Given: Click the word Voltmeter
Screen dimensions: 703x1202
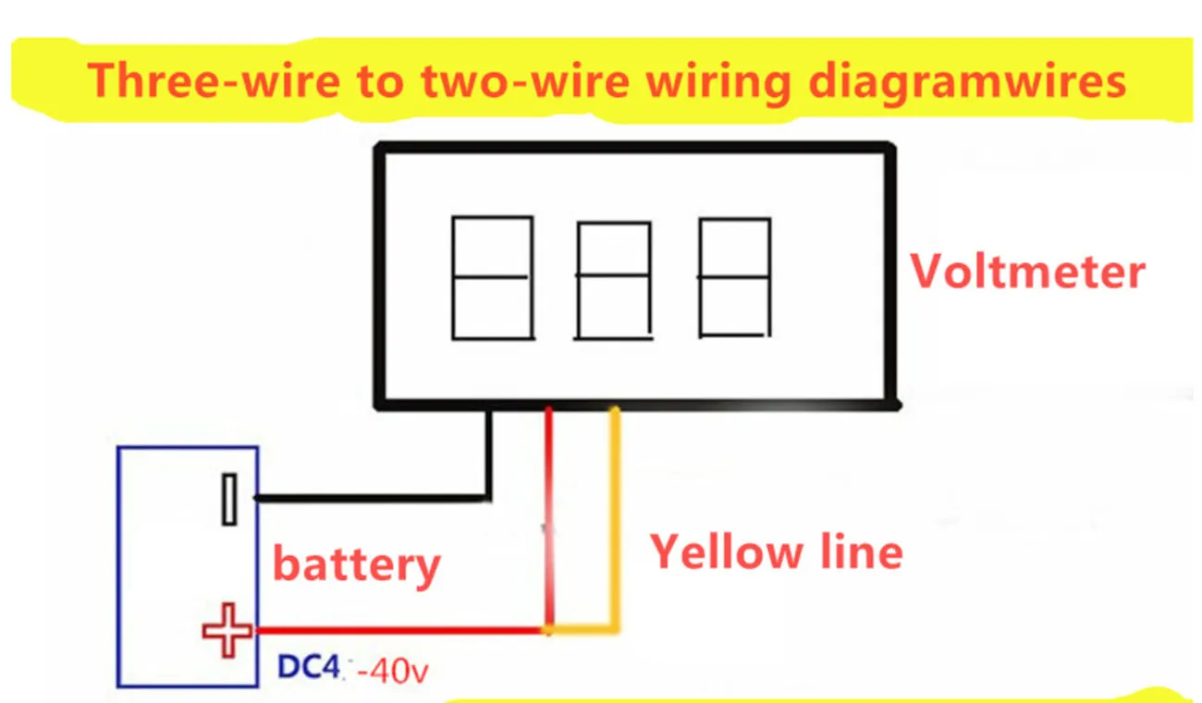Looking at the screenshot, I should (1027, 272).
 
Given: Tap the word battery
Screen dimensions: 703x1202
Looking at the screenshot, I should (356, 564).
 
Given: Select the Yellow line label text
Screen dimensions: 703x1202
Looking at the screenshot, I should (776, 552).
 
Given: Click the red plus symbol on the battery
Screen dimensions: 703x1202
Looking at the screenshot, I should (227, 631).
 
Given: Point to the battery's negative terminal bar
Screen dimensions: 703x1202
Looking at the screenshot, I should (228, 499).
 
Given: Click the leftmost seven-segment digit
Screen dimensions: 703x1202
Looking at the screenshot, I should (492, 277).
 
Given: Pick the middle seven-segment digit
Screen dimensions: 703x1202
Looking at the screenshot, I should (614, 280).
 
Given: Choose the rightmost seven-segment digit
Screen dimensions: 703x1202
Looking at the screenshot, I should (734, 277).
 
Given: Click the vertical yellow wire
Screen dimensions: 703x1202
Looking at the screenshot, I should (613, 517).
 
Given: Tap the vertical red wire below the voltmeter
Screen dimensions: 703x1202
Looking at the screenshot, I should (548, 517).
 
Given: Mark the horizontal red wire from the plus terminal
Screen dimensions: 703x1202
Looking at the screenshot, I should (398, 631).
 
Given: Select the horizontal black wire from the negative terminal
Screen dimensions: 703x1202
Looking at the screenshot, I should (370, 499).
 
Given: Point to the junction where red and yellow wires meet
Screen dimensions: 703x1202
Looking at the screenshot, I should (548, 631).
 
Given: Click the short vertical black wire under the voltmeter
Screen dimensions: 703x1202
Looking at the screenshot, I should (489, 453).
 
